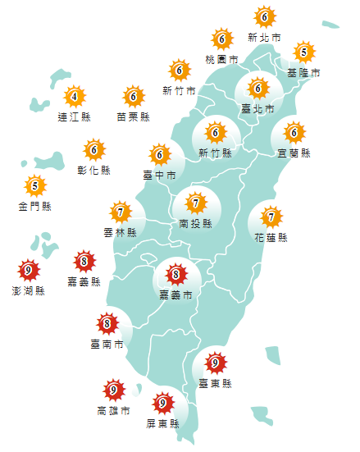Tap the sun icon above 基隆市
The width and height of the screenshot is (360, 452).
click(303, 53)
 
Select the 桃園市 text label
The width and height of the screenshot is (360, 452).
click(221, 60)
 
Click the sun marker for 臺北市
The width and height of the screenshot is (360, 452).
click(257, 88)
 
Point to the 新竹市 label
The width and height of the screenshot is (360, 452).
click(179, 90)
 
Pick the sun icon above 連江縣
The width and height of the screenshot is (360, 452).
click(75, 98)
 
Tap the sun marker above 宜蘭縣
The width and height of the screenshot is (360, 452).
click(294, 131)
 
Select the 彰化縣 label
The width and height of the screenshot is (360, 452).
click(93, 171)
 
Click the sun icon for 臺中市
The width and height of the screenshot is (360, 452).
click(159, 153)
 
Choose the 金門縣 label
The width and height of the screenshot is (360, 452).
click(34, 206)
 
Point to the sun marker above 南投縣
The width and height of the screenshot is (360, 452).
click(195, 202)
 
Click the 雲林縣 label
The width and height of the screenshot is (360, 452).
click(120, 234)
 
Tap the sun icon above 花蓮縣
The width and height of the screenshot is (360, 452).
click(271, 217)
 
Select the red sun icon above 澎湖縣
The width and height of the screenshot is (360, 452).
click(29, 270)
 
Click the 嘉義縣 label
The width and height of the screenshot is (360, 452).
click(84, 282)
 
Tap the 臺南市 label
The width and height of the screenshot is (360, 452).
click(107, 344)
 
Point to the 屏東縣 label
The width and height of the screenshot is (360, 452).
click(162, 423)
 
